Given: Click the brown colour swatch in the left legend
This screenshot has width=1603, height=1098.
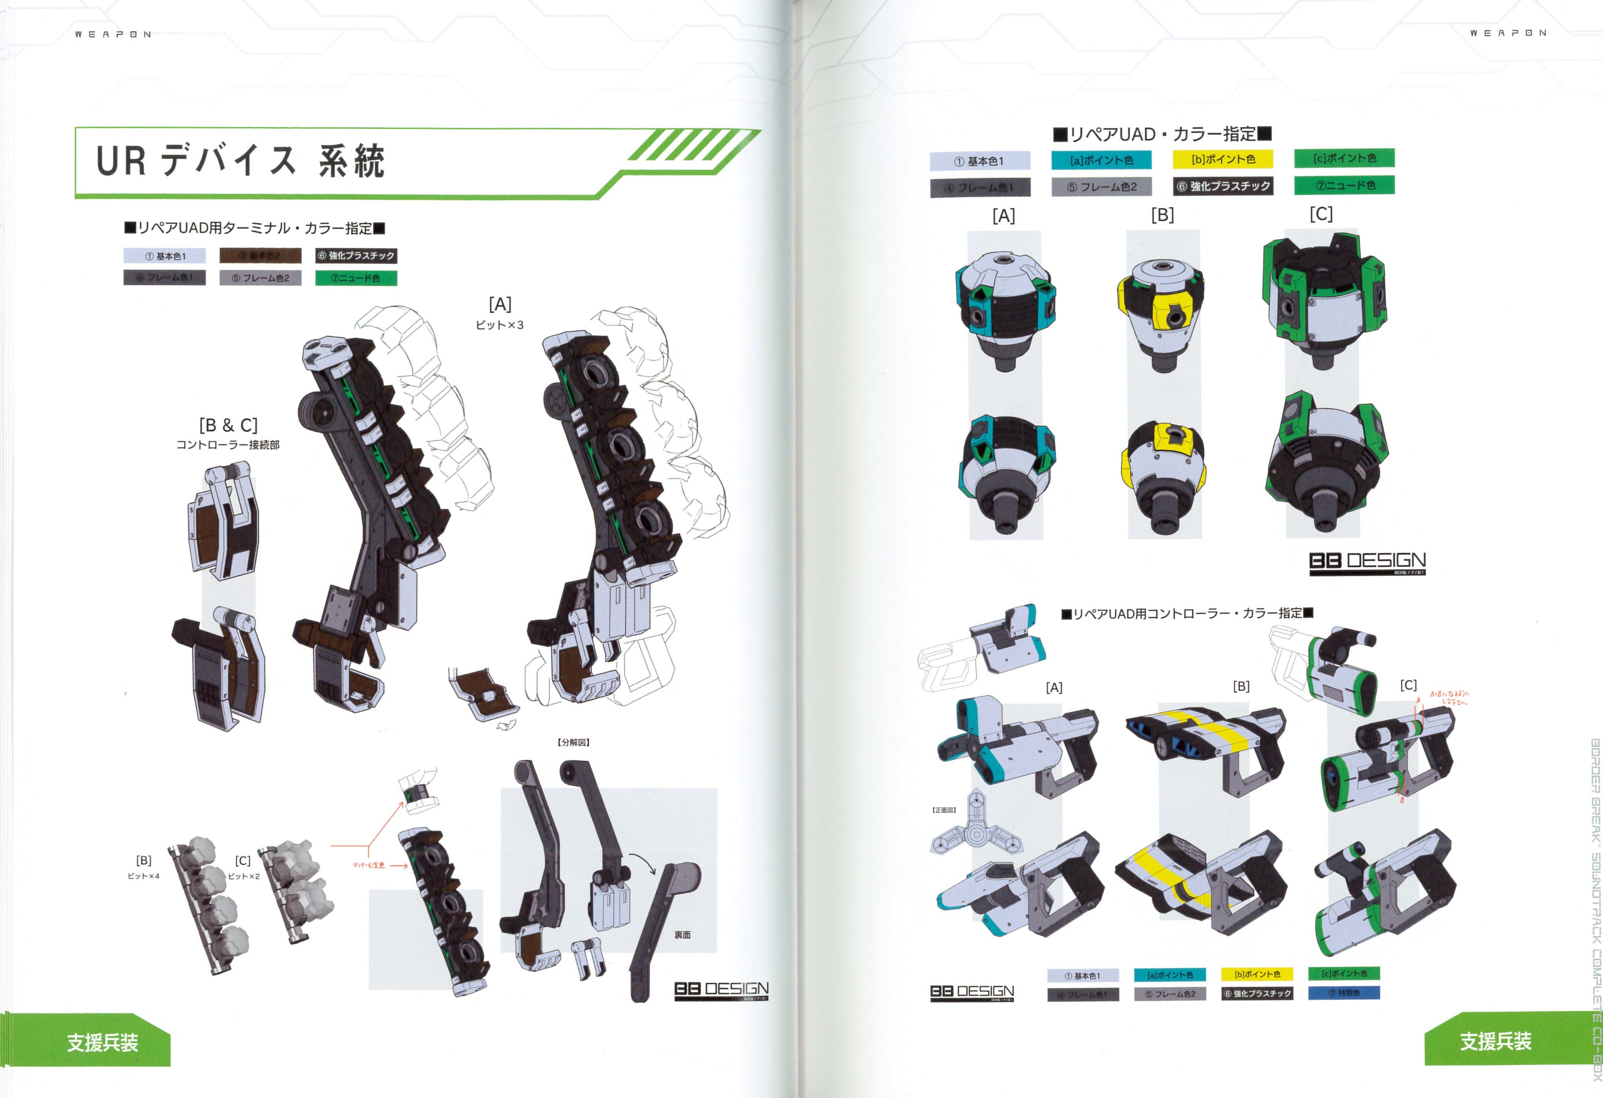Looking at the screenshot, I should [260, 256].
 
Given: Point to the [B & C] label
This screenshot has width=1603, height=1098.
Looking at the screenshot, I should [228, 425].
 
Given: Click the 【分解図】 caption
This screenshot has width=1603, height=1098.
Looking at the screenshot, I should [573, 742].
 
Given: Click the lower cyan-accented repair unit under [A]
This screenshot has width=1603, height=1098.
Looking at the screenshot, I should [1006, 475].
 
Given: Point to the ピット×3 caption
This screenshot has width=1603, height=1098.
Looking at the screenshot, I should [499, 325].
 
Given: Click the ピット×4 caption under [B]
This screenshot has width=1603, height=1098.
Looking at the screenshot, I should [143, 876].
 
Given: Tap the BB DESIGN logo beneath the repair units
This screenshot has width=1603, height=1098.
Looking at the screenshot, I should [1367, 562].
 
